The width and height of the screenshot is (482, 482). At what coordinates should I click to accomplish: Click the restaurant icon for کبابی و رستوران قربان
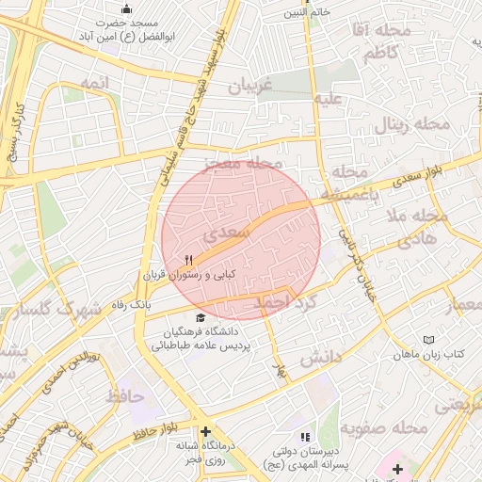tap(188, 261)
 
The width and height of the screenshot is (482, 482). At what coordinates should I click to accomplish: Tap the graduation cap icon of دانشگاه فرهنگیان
tap(199, 318)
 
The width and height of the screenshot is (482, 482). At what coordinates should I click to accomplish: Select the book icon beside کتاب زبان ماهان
tap(429, 339)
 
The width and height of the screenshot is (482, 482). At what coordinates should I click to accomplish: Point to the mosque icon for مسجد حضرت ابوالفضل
tap(127, 8)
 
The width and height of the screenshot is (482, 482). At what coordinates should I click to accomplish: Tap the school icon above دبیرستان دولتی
tap(303, 438)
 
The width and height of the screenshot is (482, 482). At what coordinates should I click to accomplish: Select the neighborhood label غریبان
tap(249, 87)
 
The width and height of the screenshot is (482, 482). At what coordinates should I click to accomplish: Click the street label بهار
tap(279, 368)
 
